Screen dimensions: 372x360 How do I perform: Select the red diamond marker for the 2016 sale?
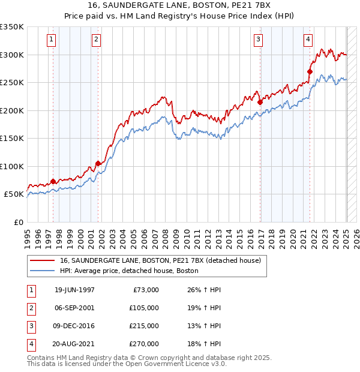tap(260, 103)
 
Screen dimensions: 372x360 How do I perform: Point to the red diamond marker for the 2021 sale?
tap(310, 72)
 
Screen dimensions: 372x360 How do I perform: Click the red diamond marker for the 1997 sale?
tap(53, 181)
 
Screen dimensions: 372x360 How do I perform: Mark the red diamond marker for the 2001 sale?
tap(98, 163)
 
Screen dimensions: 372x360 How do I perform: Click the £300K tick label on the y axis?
tap(12, 55)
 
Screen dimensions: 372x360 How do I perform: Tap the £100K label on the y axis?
tap(12, 166)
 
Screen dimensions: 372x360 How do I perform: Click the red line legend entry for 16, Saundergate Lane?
tap(160, 261)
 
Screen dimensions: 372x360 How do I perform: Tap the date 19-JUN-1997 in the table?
tap(74, 290)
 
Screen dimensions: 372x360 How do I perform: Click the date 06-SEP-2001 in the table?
tap(74, 308)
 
